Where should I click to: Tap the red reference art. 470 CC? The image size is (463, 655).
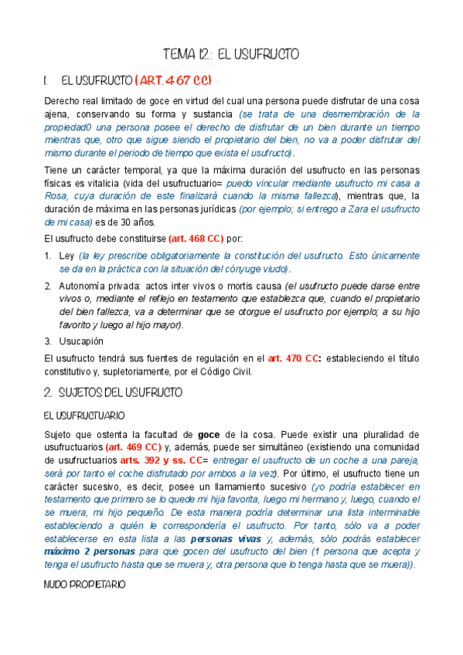click(291, 358)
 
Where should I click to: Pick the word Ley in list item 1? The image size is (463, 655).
click(66, 255)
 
